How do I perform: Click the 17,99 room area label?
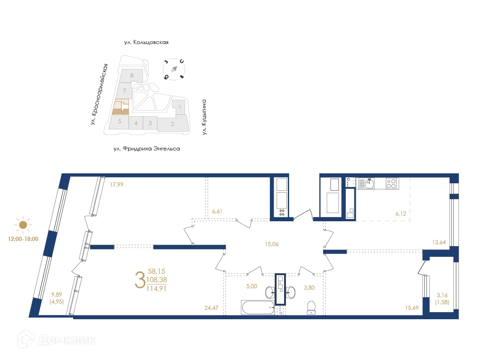click(x=117, y=185)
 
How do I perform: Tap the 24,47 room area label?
click(x=211, y=307)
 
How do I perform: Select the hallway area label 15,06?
click(x=272, y=244)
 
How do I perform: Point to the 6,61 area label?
click(x=217, y=211)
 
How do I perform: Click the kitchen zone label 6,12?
click(x=401, y=214)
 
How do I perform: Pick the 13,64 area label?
click(x=439, y=242)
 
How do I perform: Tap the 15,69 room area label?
click(x=412, y=307)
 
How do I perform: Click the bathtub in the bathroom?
click(x=258, y=307)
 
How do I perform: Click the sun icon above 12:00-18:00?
click(x=23, y=225)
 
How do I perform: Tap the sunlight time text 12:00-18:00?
click(x=23, y=239)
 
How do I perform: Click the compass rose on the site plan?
click(x=174, y=69)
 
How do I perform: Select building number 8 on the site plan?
click(x=132, y=75)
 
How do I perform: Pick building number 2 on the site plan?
click(x=172, y=124)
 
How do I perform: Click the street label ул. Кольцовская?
click(x=146, y=42)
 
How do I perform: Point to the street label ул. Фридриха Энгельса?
click(x=147, y=149)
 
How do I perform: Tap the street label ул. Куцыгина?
click(x=204, y=117)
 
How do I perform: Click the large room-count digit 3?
click(x=140, y=280)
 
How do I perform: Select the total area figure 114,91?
click(x=157, y=288)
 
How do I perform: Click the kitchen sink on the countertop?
click(x=370, y=183)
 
